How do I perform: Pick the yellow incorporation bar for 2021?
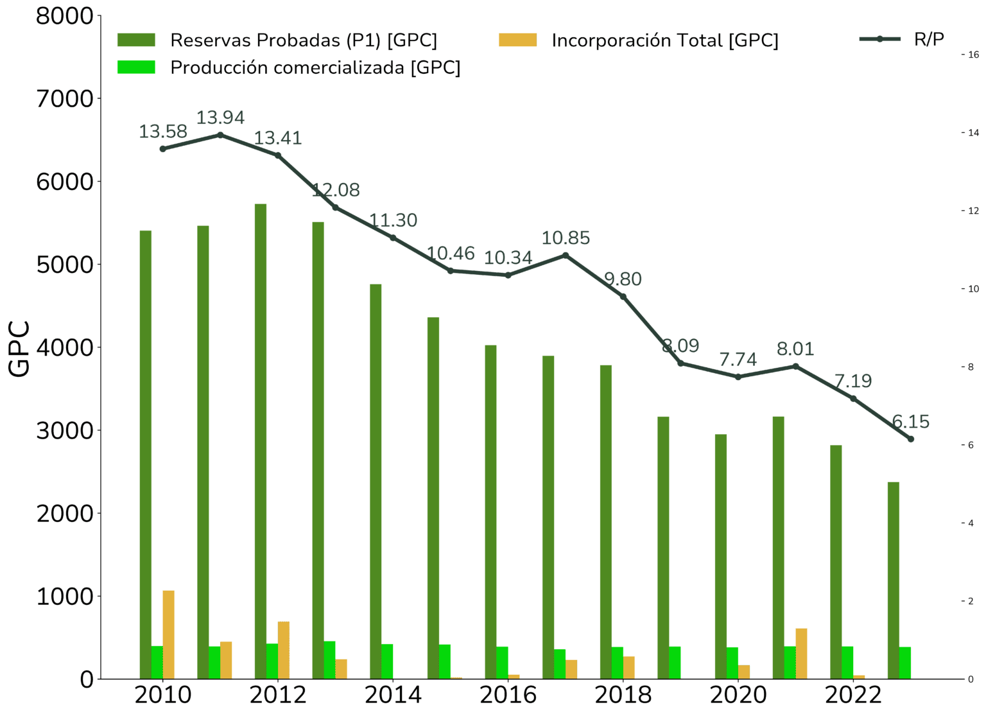(801, 653)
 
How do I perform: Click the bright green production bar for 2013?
(330, 659)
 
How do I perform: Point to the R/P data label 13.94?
(220, 118)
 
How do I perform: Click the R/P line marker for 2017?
(565, 256)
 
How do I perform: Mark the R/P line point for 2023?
(910, 439)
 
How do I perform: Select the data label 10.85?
(565, 238)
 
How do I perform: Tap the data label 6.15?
(910, 422)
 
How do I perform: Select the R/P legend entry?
(928, 39)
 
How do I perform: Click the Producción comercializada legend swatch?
(136, 67)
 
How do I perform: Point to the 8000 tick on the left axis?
(65, 16)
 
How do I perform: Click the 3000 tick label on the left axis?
(65, 430)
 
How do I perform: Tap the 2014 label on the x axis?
(393, 695)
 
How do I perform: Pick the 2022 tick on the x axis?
(853, 695)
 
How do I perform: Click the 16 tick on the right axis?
(973, 55)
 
